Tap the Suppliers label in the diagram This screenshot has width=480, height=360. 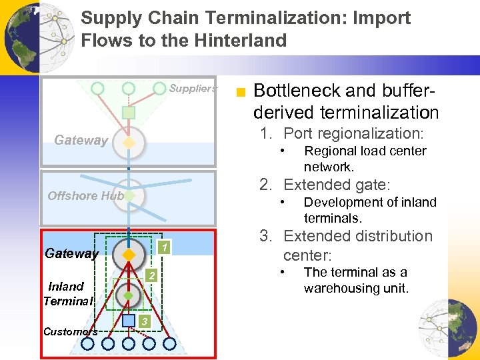pos(193,88)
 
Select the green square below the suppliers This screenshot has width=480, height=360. pos(129,113)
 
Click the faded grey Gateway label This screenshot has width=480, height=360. pos(81,140)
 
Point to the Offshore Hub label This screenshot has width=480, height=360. pos(85,195)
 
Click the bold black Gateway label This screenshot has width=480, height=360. pos(71,253)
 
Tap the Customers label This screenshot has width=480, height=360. pos(70,331)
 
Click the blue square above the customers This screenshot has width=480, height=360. pos(129,321)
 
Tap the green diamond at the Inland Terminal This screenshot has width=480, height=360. pos(129,295)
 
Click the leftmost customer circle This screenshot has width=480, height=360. pos(87,343)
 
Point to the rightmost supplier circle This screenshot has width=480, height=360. pos(160,88)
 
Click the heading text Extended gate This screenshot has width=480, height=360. pos(337,185)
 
